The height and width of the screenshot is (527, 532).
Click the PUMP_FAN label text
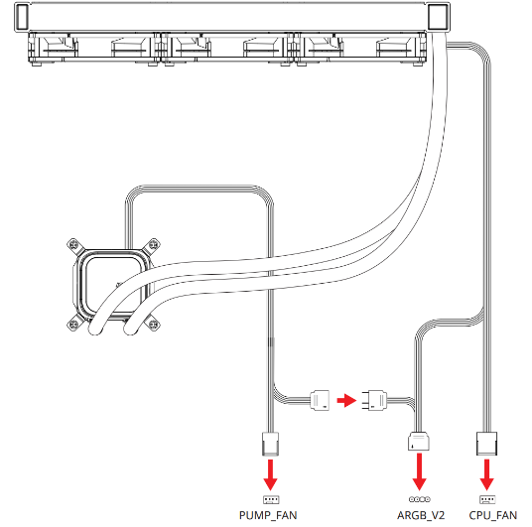[x=268, y=515]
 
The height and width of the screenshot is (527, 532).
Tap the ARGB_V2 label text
[x=421, y=515]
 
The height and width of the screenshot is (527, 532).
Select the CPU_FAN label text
[x=493, y=515]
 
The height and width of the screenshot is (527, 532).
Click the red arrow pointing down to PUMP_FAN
[x=270, y=474]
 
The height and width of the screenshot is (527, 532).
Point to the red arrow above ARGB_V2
[x=420, y=471]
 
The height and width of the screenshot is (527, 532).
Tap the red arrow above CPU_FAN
[x=487, y=474]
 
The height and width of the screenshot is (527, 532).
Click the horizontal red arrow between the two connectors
[x=346, y=400]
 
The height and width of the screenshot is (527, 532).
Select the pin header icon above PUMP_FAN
[x=271, y=499]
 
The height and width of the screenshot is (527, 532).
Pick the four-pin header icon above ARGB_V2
[x=420, y=499]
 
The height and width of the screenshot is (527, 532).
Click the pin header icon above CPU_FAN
[x=487, y=499]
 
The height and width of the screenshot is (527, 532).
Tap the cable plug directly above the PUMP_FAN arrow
[x=270, y=444]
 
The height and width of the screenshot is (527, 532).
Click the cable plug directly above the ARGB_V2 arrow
[x=419, y=441]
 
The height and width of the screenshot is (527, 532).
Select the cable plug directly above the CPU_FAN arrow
[x=487, y=444]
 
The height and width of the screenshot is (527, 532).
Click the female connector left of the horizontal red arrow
[x=320, y=400]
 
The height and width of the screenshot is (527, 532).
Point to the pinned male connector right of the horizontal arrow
[x=374, y=400]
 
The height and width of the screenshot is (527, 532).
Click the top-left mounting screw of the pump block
[x=73, y=245]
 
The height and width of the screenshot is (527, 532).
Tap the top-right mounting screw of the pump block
[x=154, y=244]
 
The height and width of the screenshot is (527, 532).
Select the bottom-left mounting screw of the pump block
[x=73, y=325]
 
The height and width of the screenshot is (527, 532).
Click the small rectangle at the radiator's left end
[x=22, y=17]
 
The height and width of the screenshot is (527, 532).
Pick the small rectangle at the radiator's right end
[x=437, y=17]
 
